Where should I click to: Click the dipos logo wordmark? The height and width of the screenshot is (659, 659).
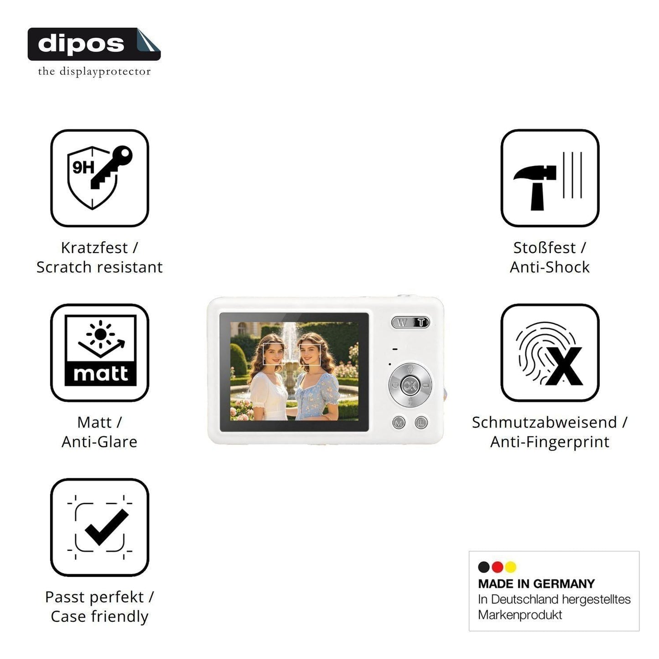tap(81, 44)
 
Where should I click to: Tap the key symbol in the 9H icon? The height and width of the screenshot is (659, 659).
tap(111, 167)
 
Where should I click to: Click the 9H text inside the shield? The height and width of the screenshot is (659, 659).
tap(83, 167)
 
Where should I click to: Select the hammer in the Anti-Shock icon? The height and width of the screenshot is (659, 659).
tap(534, 187)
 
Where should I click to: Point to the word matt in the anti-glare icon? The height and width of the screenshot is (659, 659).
tap(100, 374)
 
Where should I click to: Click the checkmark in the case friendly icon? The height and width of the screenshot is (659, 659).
tap(106, 527)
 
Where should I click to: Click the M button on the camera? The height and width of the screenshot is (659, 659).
tap(399, 423)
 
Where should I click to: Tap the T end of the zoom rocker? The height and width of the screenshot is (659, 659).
tap(421, 322)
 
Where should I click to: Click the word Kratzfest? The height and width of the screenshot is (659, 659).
tap(94, 248)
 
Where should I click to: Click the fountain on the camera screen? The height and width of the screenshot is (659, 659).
tap(290, 359)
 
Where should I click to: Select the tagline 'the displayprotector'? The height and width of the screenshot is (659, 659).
tap(94, 72)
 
